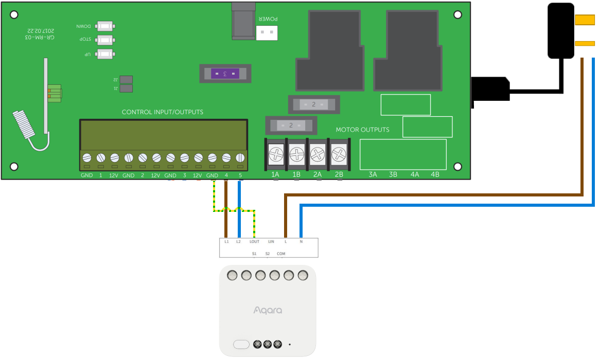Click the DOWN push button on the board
coord(105,26)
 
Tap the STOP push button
coord(105,40)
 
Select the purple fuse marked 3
coord(225,74)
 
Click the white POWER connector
coord(267,33)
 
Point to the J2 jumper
coord(126,80)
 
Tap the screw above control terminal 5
coord(240,158)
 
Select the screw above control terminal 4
coord(226,158)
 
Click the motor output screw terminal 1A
coord(276,153)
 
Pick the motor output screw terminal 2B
coord(339,153)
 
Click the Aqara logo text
coord(268,310)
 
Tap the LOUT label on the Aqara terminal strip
coord(254,241)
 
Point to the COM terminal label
coord(281,254)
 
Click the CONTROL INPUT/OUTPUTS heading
coord(162,112)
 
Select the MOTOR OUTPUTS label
coord(362,130)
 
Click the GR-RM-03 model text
coord(40,38)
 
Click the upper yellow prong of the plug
coord(585,20)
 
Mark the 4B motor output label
coord(435,175)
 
